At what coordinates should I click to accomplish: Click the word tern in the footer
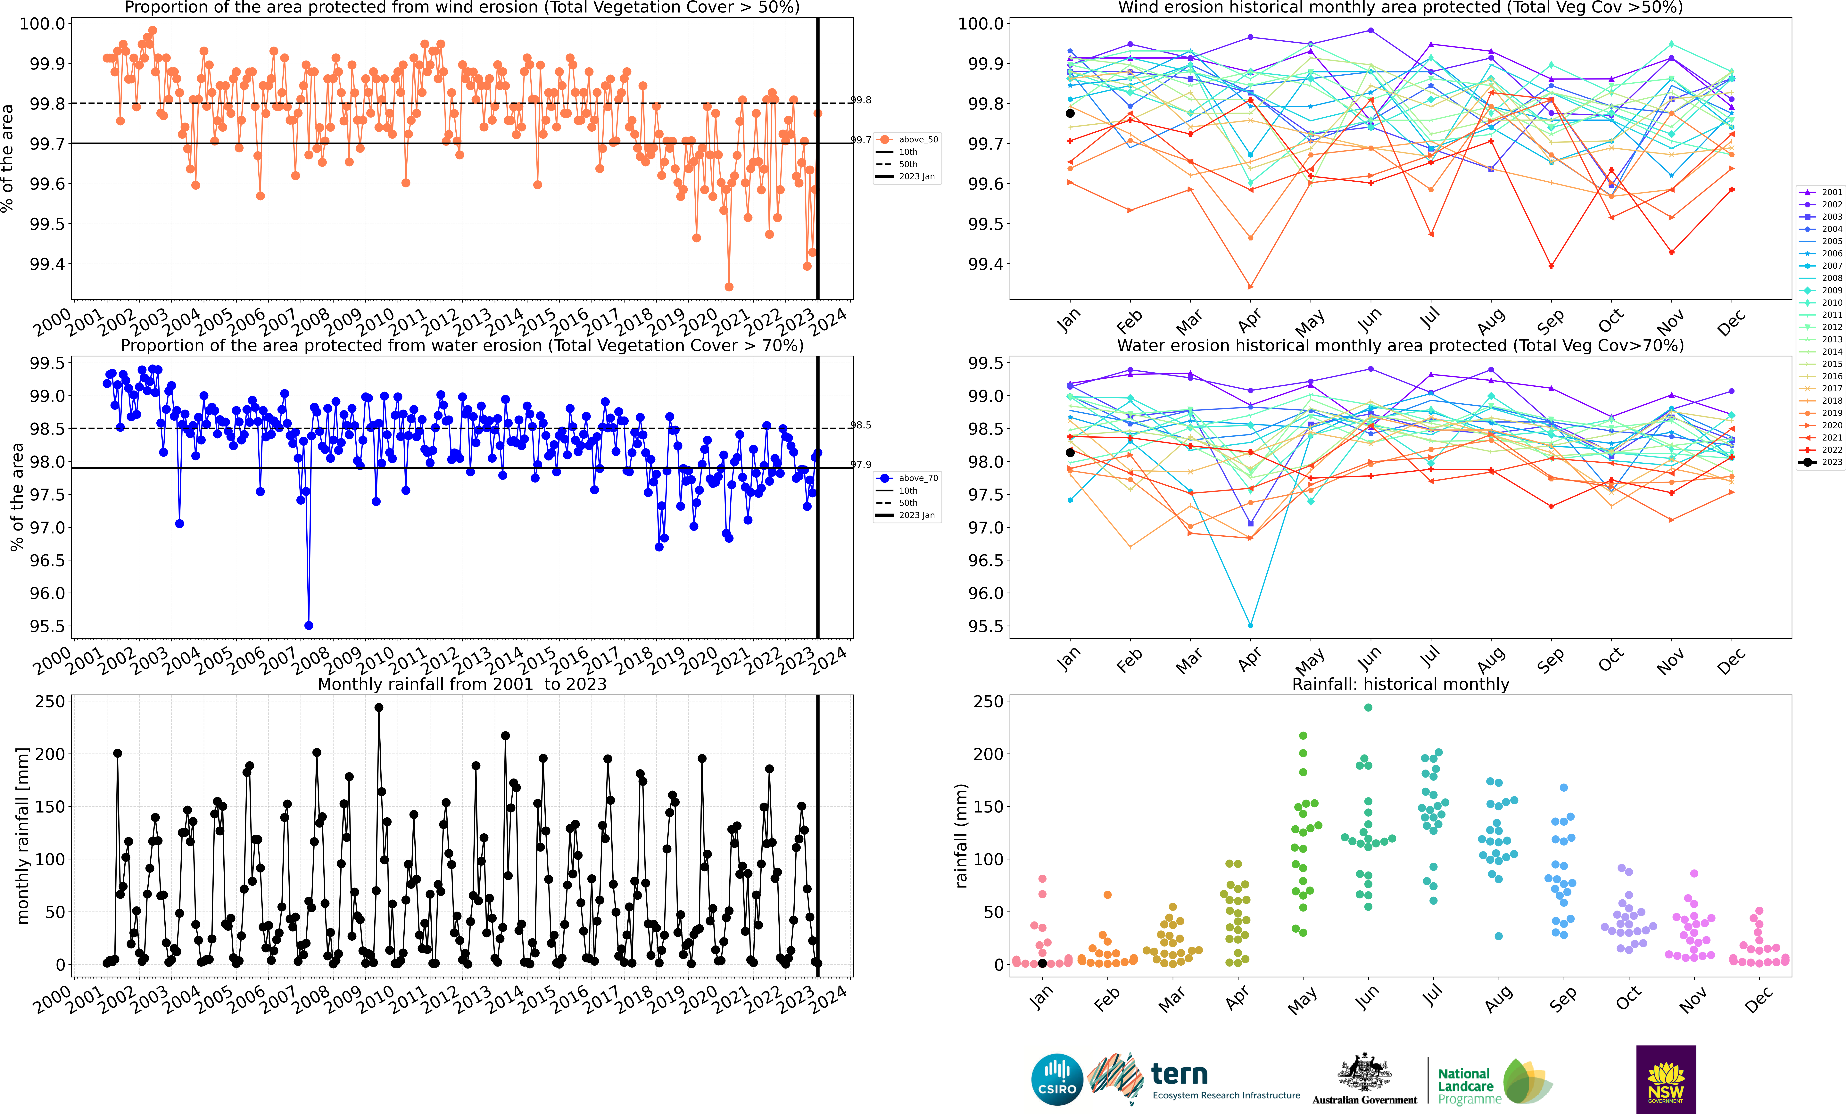[1179, 1074]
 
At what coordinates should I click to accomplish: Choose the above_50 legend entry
[909, 139]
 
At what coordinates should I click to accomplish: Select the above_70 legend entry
[909, 478]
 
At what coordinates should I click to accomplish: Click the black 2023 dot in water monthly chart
[1070, 452]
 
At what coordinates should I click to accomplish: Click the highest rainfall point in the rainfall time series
[379, 707]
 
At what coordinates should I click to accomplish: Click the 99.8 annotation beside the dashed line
[861, 100]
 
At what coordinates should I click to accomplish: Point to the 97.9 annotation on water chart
[861, 465]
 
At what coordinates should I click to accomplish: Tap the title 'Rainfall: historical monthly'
[1400, 684]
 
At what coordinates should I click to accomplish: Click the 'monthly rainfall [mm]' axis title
[22, 835]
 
